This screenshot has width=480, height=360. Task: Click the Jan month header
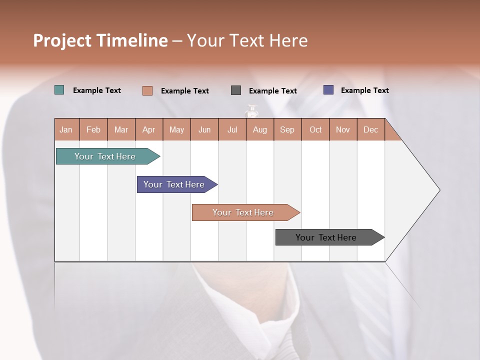66,129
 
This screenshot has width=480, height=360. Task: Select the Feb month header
93,129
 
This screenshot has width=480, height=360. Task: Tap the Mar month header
121,129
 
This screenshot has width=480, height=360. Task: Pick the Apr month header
149,129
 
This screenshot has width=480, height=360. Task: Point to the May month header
176,129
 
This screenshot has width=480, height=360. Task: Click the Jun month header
204,129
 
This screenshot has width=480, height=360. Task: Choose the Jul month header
232,129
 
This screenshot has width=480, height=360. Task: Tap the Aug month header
260,129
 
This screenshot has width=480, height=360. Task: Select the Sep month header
287,129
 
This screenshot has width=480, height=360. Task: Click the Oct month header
315,129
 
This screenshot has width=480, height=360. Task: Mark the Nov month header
343,129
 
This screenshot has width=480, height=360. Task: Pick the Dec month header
371,129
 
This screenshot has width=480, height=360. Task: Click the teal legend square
59,90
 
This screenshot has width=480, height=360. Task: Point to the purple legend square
328,90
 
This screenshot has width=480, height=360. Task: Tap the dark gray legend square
236,90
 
